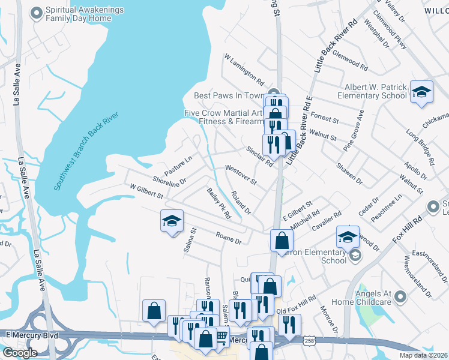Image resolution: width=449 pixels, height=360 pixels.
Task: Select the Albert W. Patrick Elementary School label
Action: point(375,91)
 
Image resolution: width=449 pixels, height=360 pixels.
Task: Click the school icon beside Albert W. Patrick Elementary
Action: point(421,92)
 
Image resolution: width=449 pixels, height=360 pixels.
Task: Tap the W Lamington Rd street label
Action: point(244,69)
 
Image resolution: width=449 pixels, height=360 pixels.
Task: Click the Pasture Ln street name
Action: point(178,166)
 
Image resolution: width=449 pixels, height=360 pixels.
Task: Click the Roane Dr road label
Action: point(229,238)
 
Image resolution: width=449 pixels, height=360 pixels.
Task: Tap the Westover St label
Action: point(241,176)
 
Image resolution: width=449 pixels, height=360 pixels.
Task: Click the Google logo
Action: point(20,353)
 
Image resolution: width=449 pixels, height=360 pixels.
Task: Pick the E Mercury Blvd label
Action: point(31,335)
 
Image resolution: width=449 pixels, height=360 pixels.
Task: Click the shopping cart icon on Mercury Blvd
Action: point(221,338)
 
